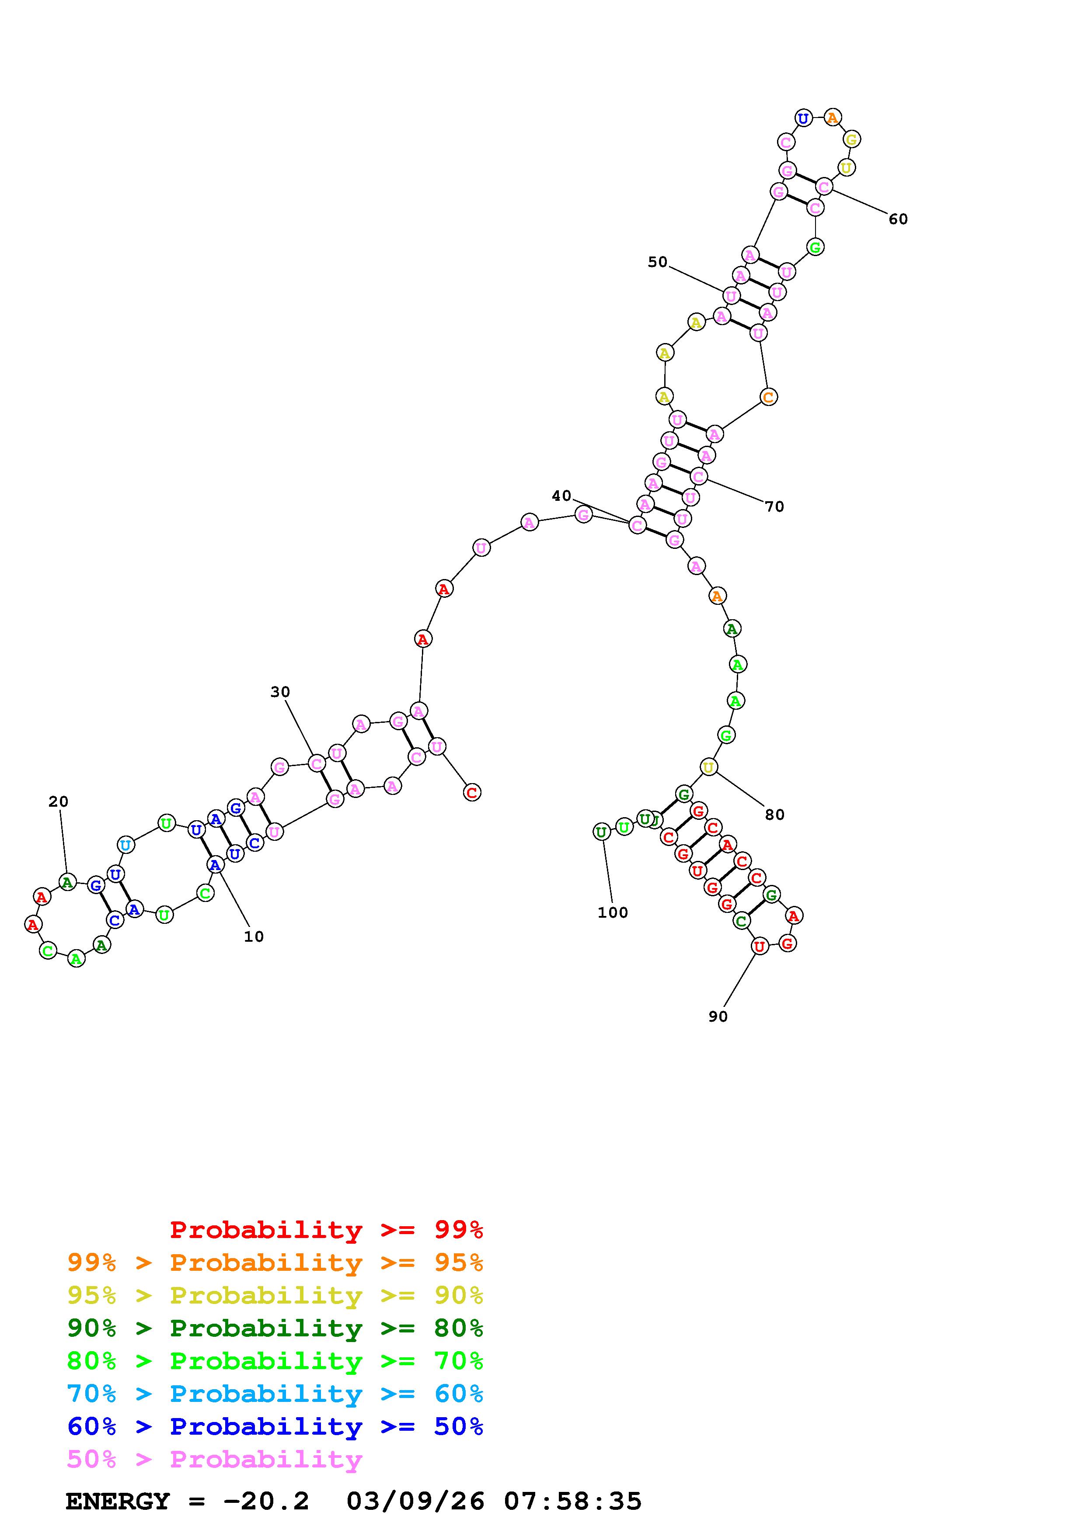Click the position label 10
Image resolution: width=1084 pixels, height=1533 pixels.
tap(254, 937)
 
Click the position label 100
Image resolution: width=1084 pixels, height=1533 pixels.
tap(613, 913)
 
